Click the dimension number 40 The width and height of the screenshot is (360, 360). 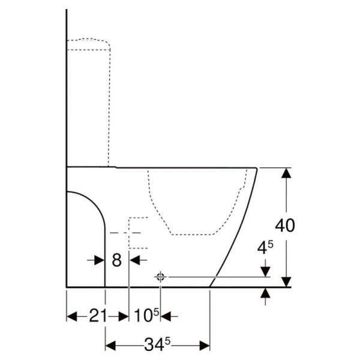coord(284,226)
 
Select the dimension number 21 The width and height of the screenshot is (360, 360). coord(98,316)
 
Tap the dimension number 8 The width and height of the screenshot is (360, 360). coord(116,260)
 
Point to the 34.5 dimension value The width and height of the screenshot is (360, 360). coord(157,344)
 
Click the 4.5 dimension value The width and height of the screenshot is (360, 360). coord(265,248)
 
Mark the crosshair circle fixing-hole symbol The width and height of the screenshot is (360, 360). coord(160,277)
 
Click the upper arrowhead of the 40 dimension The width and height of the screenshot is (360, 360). coord(286,173)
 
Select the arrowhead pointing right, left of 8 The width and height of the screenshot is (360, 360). coord(100,260)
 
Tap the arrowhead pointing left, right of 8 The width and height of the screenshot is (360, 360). coord(135,260)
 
